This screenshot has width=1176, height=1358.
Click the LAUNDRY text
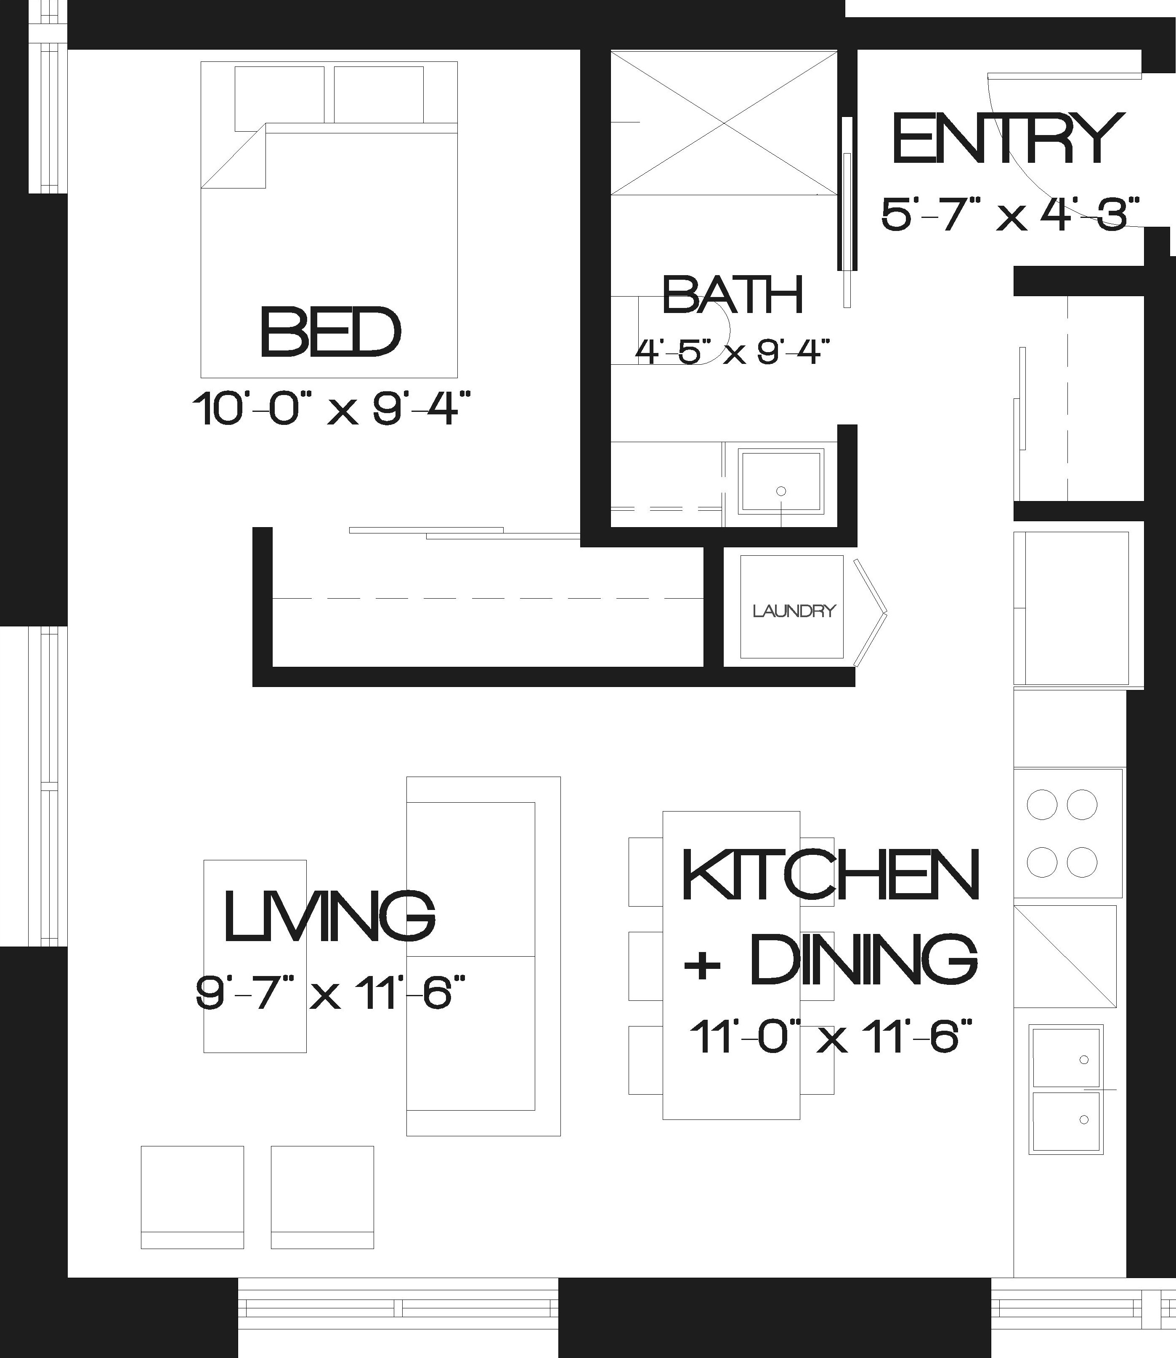point(794,611)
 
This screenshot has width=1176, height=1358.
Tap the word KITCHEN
point(831,875)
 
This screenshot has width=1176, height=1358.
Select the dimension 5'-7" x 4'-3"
point(1010,214)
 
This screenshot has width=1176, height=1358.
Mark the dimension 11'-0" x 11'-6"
point(829,1037)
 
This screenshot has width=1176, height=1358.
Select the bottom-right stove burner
point(1082,862)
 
